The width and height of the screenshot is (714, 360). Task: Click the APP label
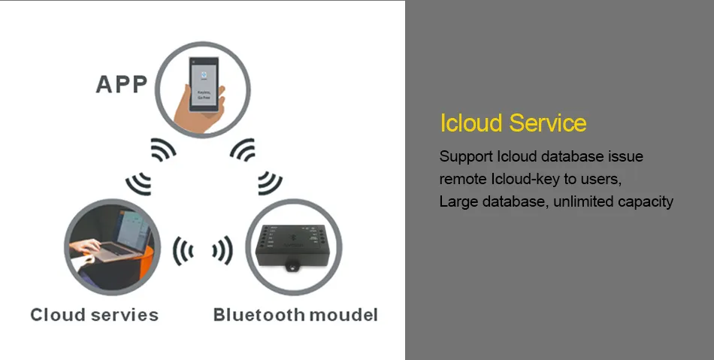coord(121,83)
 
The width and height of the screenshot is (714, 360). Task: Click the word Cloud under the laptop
coord(57,314)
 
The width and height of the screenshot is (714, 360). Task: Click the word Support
coord(466,157)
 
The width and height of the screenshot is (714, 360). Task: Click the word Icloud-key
coord(525,180)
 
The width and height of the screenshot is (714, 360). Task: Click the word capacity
coord(649,201)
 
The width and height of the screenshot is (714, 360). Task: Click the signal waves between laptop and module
coord(202,250)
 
